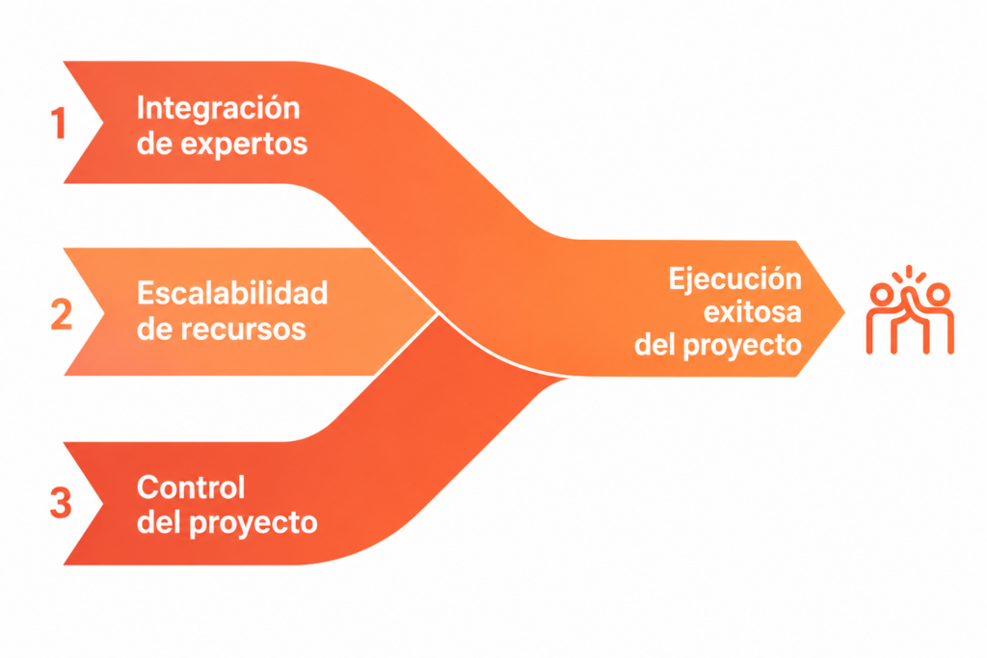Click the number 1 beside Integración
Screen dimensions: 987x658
tap(59, 122)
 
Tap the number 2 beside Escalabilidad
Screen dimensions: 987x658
tap(62, 315)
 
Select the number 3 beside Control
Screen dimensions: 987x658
tap(61, 503)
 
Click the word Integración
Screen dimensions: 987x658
tap(219, 108)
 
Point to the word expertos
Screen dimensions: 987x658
tap(244, 145)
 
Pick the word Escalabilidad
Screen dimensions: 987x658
tap(232, 293)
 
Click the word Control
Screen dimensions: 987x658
tap(191, 487)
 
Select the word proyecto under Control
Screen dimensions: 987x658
tap(253, 523)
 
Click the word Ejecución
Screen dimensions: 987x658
tap(734, 279)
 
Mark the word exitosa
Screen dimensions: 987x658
tap(752, 312)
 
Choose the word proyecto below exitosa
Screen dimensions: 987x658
tap(742, 345)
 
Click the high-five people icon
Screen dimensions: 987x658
tap(910, 309)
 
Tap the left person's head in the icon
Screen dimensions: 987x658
tap(881, 294)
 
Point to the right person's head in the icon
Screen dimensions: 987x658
tap(938, 294)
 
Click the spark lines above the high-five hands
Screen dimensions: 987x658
tap(909, 275)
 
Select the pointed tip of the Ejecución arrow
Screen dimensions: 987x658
tap(844, 311)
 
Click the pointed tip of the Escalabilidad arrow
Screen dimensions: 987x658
tap(438, 312)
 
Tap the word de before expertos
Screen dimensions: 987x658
tap(154, 145)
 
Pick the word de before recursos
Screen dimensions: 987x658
tap(154, 329)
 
